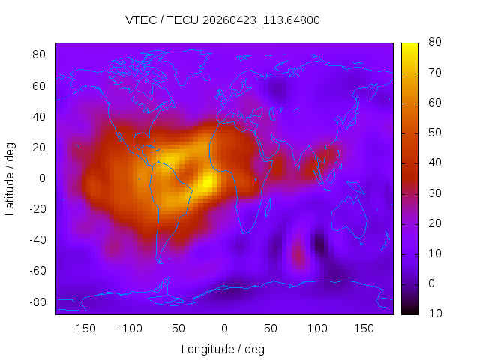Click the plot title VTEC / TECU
pyautogui.click(x=162, y=20)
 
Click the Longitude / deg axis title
pyautogui.click(x=223, y=349)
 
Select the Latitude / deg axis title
pyautogui.click(x=10, y=178)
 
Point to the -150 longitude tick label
pyautogui.click(x=84, y=328)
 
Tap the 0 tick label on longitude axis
pyautogui.click(x=224, y=328)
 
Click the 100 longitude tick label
pyautogui.click(x=317, y=328)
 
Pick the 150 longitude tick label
pyautogui.click(x=364, y=328)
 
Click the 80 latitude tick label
pyautogui.click(x=39, y=55)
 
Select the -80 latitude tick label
pyautogui.click(x=37, y=302)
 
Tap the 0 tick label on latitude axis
pyautogui.click(x=42, y=178)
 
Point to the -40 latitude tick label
pyautogui.click(x=37, y=240)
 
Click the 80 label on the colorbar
pyautogui.click(x=435, y=42)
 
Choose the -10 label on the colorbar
pyautogui.click(x=433, y=313)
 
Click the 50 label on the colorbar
pyautogui.click(x=435, y=133)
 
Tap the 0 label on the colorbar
pyautogui.click(x=431, y=283)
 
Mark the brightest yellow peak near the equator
pyautogui.click(x=208, y=182)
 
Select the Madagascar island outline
pyautogui.click(x=268, y=208)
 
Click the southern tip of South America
pyautogui.click(x=160, y=262)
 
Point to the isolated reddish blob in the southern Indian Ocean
pyautogui.click(x=298, y=253)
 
